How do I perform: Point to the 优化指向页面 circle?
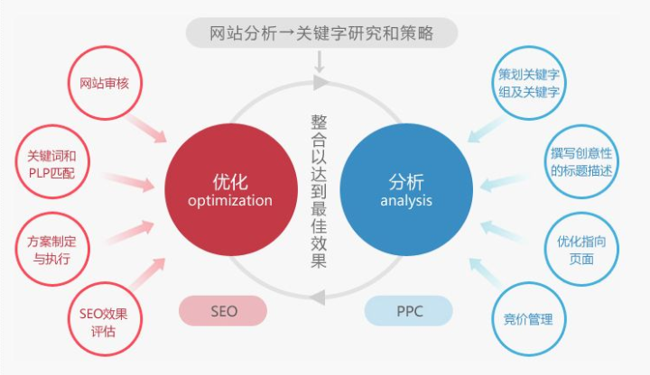[581, 250]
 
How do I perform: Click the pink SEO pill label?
[224, 311]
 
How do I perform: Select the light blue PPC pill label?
[408, 311]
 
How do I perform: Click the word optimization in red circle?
[230, 200]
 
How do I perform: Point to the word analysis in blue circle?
[406, 200]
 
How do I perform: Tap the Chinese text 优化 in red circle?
[230, 179]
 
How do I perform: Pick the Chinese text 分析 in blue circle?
[406, 179]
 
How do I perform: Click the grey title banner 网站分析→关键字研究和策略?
[321, 33]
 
